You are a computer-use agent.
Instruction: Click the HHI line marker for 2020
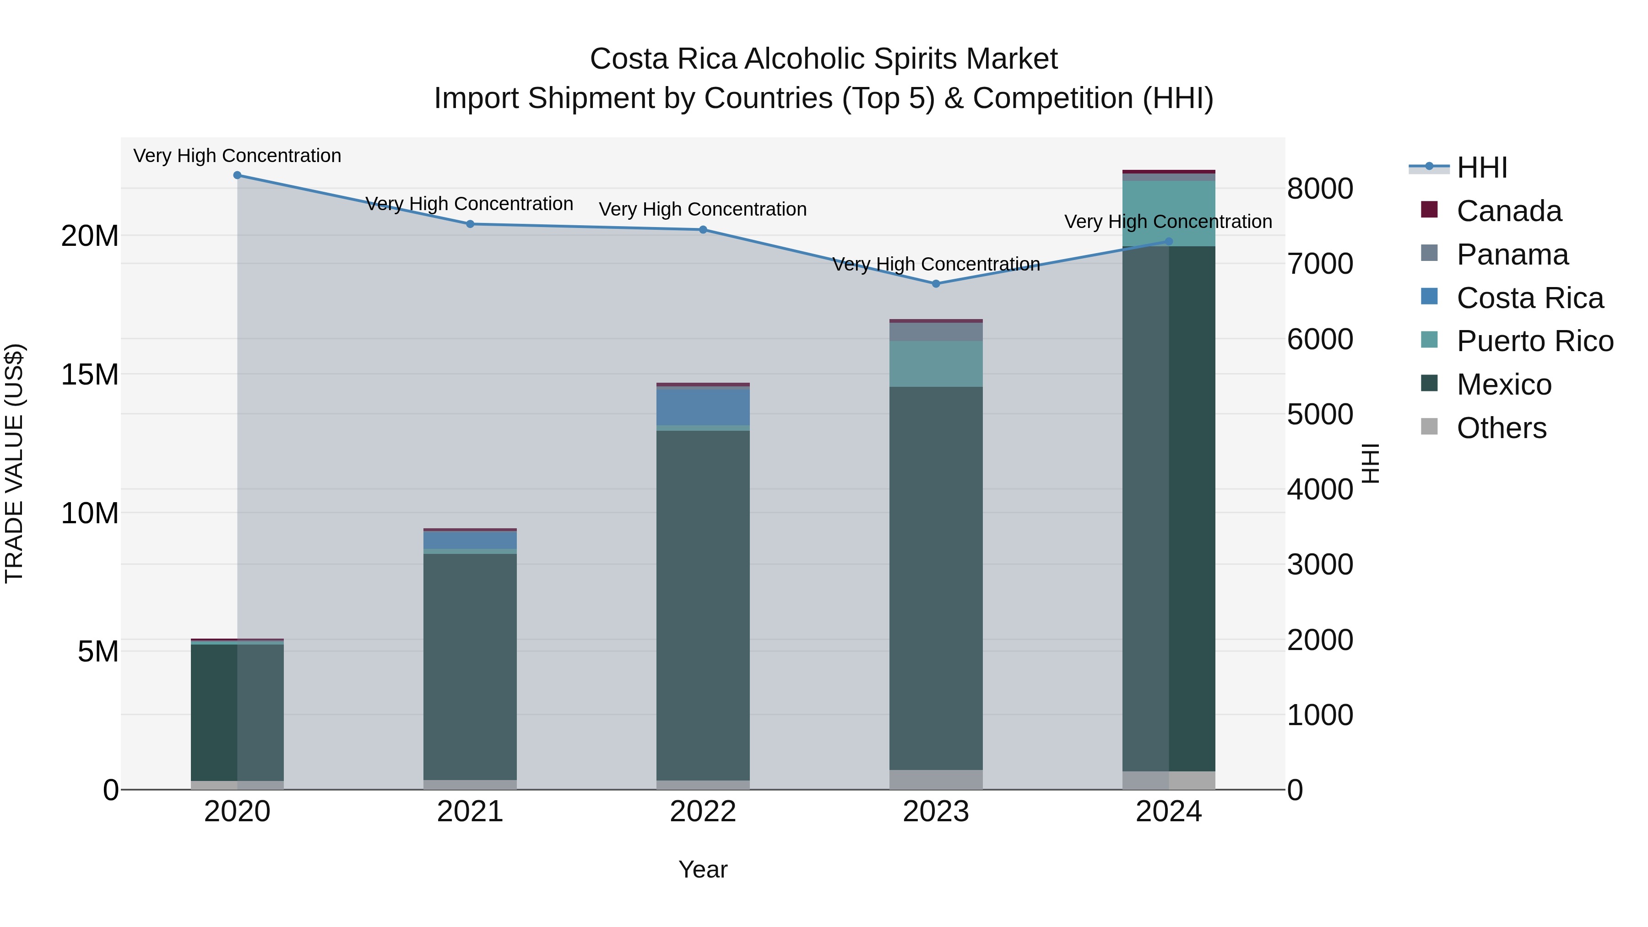point(237,175)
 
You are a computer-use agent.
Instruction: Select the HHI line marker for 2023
point(936,283)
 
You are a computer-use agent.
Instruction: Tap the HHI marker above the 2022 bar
point(703,230)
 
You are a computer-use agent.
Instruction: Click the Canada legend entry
point(1508,211)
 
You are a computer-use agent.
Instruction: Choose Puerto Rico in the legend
point(1534,341)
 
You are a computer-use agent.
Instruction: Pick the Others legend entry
point(1501,428)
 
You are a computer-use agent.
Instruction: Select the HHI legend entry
point(1482,168)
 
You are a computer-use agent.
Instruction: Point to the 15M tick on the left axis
point(90,374)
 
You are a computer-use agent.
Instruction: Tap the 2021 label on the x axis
point(470,812)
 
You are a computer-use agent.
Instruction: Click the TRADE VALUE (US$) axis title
point(14,463)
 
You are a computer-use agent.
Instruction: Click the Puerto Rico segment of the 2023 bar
point(936,363)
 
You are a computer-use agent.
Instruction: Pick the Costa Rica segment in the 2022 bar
point(703,407)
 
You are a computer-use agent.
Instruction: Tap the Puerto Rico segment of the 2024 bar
point(1169,213)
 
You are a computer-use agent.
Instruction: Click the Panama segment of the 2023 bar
point(936,331)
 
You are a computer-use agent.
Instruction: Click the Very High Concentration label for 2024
point(1168,222)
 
